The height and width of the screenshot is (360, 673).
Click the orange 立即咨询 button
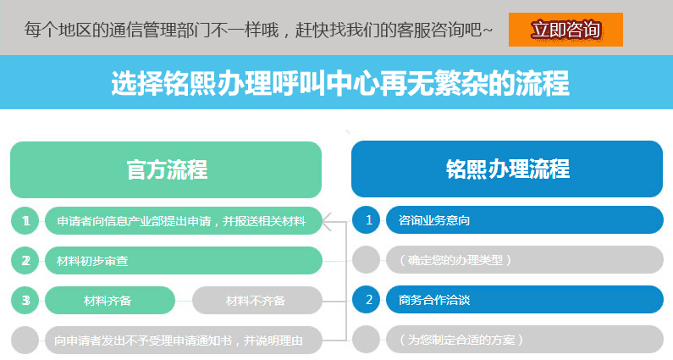coord(565,30)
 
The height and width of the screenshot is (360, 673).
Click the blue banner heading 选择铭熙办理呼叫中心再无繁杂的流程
coord(339,83)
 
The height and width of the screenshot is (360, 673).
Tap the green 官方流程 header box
coord(166,169)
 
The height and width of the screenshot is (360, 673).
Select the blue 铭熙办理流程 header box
coord(507,169)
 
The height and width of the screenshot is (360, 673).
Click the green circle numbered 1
coord(26,221)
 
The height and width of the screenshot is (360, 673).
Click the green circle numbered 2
coord(26,261)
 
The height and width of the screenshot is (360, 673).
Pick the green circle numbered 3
coord(26,300)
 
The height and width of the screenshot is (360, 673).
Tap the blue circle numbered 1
coord(368,221)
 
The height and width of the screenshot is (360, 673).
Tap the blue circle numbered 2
coord(368,300)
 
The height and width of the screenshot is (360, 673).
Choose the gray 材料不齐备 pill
coord(257,300)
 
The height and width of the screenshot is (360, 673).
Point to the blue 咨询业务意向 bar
coord(524,221)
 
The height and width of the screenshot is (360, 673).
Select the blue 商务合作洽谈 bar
coord(524,300)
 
